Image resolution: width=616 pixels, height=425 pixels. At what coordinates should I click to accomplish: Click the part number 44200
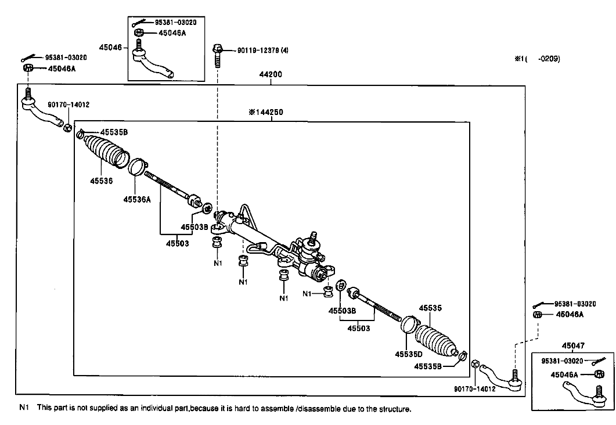[271, 74]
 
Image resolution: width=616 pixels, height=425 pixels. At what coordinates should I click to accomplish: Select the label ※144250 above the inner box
[265, 112]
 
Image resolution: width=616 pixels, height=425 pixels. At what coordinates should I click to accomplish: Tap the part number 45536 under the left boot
[102, 181]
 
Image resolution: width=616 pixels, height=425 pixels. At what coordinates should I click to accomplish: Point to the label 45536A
[137, 200]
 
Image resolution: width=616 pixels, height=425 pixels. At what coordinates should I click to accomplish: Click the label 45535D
[409, 354]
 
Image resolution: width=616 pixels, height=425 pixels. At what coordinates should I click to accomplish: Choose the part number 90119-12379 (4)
[263, 51]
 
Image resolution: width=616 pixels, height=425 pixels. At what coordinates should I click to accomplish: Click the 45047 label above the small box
[573, 345]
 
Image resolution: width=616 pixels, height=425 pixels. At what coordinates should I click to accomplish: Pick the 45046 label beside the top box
[110, 47]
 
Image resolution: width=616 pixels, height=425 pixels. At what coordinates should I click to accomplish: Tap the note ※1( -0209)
[538, 59]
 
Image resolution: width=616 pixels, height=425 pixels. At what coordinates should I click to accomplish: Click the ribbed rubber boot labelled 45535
[436, 340]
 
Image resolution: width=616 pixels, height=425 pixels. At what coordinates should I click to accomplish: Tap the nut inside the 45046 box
[139, 33]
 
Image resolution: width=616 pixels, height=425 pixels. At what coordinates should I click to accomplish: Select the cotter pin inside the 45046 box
[139, 23]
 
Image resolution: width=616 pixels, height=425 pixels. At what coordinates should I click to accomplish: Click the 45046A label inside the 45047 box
[564, 374]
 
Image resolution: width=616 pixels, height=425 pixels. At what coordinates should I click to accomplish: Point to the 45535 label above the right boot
[430, 308]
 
